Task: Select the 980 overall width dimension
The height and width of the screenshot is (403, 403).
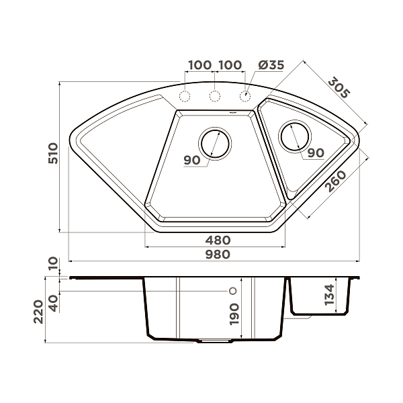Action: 218,254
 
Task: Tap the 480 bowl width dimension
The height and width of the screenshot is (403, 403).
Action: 218,240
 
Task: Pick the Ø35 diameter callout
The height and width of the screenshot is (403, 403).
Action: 271,65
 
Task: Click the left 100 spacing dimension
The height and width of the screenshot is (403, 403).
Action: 200,65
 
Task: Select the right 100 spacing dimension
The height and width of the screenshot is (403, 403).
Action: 230,65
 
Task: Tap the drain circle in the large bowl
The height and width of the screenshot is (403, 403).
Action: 216,142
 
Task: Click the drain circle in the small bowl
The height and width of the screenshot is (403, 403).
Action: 294,137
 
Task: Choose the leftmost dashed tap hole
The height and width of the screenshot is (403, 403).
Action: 185,96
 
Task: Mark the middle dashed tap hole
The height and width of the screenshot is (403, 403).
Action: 215,96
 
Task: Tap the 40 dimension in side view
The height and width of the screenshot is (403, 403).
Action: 54,302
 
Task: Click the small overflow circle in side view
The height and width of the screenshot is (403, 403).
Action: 232,292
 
